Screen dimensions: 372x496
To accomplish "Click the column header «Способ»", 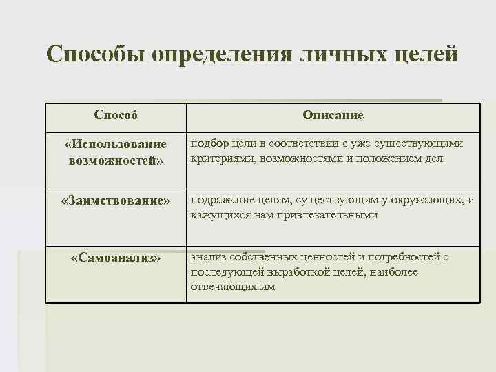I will (x=116, y=115).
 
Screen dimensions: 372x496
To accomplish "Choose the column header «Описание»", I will (x=333, y=115).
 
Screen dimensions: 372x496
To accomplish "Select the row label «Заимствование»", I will (x=116, y=200).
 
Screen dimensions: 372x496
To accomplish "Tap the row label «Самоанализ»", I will (x=116, y=258).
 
